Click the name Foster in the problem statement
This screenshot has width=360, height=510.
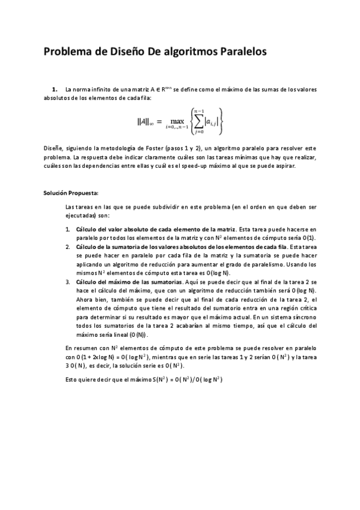[x=138, y=148]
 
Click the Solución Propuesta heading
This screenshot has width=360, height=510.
[x=70, y=193]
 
